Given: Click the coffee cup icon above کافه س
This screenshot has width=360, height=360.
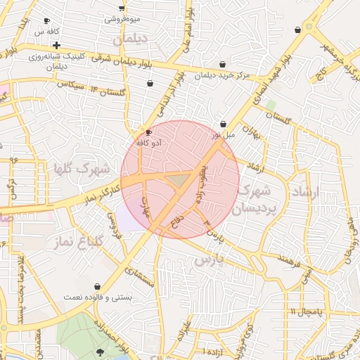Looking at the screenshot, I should (46, 21).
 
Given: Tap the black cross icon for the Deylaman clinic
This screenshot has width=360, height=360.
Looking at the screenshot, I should (56, 46).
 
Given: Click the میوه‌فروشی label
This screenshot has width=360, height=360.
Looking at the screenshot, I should (122, 19).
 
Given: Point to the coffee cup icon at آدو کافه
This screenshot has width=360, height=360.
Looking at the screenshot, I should (148, 132).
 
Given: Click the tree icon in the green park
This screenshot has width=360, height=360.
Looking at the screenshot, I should (98, 351).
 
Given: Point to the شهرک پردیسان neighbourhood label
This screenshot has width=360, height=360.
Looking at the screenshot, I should (254, 199).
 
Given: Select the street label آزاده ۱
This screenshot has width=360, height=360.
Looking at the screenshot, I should (213, 350).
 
